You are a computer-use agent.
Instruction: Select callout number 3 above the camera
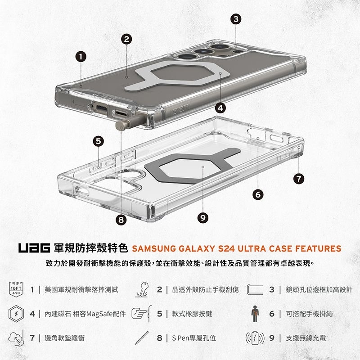click(236, 19)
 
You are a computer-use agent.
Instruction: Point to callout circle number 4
click(220, 108)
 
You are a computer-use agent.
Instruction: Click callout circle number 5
click(99, 141)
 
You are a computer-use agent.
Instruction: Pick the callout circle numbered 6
click(257, 194)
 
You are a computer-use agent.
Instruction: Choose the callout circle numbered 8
click(120, 220)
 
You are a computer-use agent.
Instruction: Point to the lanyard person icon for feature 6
click(255, 314)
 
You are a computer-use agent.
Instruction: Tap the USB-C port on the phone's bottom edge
click(100, 108)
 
